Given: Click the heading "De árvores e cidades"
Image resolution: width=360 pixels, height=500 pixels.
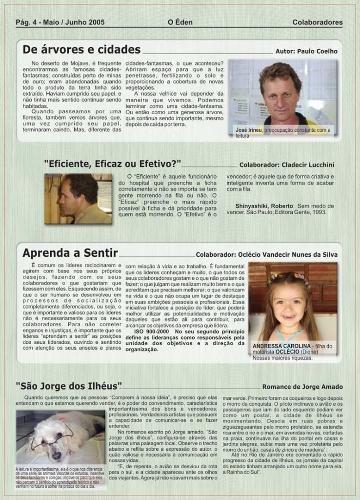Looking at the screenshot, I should tap(81, 50).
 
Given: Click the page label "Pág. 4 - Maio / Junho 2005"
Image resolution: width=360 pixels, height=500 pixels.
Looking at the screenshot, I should tap(60, 22).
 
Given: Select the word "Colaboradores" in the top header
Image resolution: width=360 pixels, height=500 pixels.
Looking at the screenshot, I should tap(318, 22).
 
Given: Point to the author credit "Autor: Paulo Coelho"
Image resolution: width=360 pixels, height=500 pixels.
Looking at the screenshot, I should tap(306, 51).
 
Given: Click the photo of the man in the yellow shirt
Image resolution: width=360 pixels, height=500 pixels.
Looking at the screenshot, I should tap(282, 96).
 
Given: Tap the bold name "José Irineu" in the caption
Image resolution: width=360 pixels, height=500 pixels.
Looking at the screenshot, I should tap(249, 130).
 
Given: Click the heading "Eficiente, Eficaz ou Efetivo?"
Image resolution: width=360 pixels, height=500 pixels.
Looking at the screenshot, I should tap(112, 164).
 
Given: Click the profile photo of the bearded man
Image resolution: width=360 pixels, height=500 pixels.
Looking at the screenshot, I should tap(78, 199).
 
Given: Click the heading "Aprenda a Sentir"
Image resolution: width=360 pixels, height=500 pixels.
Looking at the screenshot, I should tap(70, 253).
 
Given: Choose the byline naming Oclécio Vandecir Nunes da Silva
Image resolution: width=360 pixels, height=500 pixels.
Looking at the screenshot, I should tap(266, 254).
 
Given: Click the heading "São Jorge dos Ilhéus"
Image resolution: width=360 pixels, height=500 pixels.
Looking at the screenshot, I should tap(69, 386).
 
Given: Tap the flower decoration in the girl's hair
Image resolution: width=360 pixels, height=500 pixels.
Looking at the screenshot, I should tap(288, 277).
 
